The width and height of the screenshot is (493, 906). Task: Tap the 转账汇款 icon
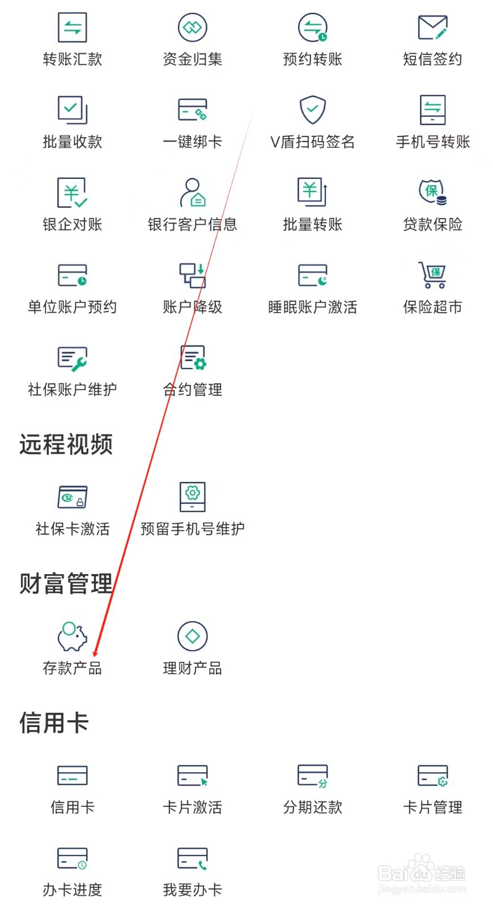click(73, 27)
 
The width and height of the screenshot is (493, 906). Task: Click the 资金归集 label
click(192, 59)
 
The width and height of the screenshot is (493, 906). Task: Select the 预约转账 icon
click(313, 27)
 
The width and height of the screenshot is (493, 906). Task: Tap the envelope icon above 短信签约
click(432, 27)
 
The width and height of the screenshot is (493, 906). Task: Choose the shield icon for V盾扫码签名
click(312, 109)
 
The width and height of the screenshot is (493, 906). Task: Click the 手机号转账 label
click(433, 142)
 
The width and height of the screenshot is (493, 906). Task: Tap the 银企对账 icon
click(73, 193)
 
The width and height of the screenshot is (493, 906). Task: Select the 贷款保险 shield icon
click(432, 191)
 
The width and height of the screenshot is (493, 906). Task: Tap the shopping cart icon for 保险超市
click(432, 275)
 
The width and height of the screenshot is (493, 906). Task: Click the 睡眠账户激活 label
click(313, 307)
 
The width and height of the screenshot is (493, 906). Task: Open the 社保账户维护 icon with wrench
click(73, 358)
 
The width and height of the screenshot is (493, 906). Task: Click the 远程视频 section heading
click(66, 445)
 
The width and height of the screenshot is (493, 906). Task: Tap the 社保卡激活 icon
click(73, 497)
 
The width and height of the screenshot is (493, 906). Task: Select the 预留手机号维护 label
click(192, 529)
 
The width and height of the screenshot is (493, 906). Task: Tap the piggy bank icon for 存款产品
click(73, 636)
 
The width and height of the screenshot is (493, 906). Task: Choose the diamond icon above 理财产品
click(192, 636)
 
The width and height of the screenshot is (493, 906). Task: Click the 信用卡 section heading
click(54, 723)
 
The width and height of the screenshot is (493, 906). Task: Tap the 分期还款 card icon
click(313, 776)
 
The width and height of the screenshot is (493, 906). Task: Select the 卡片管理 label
click(432, 807)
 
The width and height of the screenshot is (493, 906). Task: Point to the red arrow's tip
click(95, 656)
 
